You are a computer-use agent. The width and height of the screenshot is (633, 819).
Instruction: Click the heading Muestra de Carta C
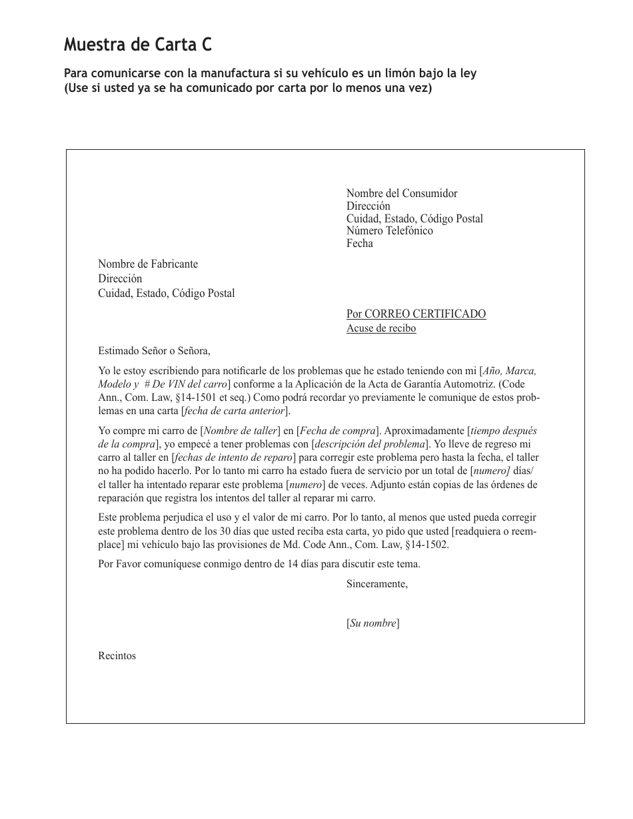point(139,45)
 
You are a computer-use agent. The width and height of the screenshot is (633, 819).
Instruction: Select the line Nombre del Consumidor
point(402,194)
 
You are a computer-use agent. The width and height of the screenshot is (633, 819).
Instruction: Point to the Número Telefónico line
point(389,231)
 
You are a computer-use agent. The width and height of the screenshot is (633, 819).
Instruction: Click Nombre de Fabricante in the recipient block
point(148,264)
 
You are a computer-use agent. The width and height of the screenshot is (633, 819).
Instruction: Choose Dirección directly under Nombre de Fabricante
point(120,279)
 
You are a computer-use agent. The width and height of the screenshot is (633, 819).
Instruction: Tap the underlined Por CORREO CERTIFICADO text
point(416,314)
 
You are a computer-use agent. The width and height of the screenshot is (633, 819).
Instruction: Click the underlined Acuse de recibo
point(381,328)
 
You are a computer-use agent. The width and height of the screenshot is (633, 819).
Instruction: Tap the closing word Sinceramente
point(376,585)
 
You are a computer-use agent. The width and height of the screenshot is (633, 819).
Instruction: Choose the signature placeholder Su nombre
point(372,624)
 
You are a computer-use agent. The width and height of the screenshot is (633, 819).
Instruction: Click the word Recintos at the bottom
point(117,656)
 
